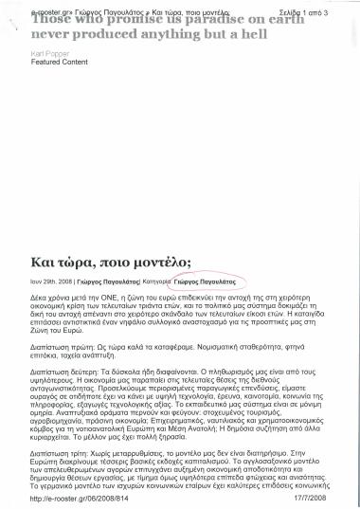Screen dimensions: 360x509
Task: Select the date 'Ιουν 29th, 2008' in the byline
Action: click(x=54, y=282)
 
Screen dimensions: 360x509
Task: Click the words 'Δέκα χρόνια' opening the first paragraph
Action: click(x=51, y=297)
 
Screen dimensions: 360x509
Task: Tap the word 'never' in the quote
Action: click(x=49, y=32)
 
